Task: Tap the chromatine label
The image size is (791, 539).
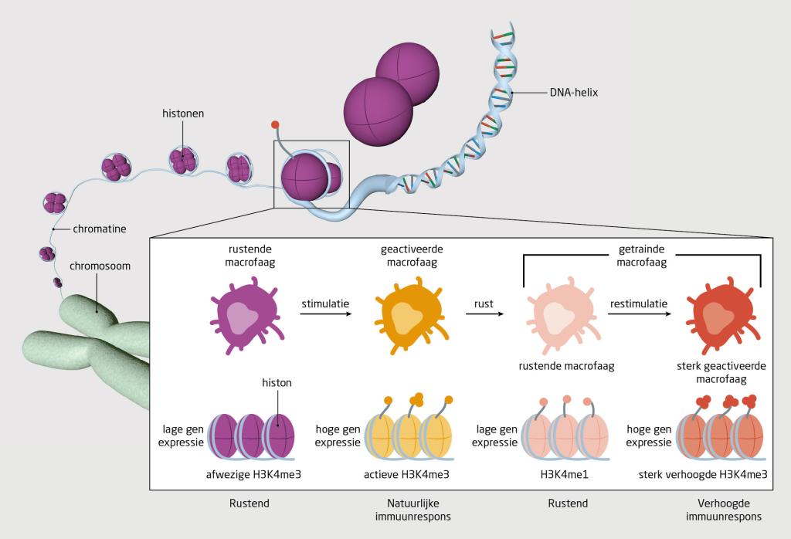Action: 100,229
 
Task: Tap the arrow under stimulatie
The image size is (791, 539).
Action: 324,314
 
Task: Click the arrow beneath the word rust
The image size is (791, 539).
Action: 484,314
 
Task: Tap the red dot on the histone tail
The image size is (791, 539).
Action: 274,124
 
